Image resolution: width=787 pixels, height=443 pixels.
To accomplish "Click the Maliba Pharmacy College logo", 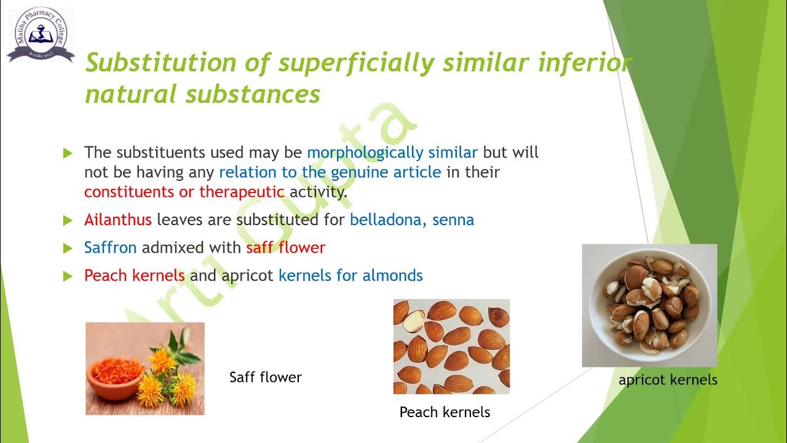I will tap(40, 35).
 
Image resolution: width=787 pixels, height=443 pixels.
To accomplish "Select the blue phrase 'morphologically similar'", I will tap(392, 153).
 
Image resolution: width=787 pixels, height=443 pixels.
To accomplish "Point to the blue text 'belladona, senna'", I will tap(412, 220).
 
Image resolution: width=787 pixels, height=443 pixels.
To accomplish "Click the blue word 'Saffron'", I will tap(111, 248).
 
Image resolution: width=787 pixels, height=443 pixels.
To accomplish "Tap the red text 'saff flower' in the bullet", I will tap(285, 248).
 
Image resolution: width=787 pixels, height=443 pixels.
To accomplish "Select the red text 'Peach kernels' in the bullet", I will tap(135, 276).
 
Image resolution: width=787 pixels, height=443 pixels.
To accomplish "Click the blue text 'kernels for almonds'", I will tap(350, 276).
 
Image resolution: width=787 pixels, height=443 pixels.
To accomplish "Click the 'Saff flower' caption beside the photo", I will tap(266, 377).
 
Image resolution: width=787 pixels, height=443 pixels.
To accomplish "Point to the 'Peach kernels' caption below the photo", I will tap(445, 412).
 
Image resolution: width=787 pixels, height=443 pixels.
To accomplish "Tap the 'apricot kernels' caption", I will tap(668, 380).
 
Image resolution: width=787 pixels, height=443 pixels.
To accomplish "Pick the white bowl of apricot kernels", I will tap(649, 306).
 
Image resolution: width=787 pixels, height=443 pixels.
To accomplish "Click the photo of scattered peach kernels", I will tap(451, 346).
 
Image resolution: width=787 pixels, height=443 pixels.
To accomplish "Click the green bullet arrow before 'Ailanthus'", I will tap(68, 220).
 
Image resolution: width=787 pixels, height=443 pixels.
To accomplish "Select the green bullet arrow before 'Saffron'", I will tap(68, 249).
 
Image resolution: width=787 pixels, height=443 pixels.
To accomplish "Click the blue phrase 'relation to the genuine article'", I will tap(330, 172).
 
